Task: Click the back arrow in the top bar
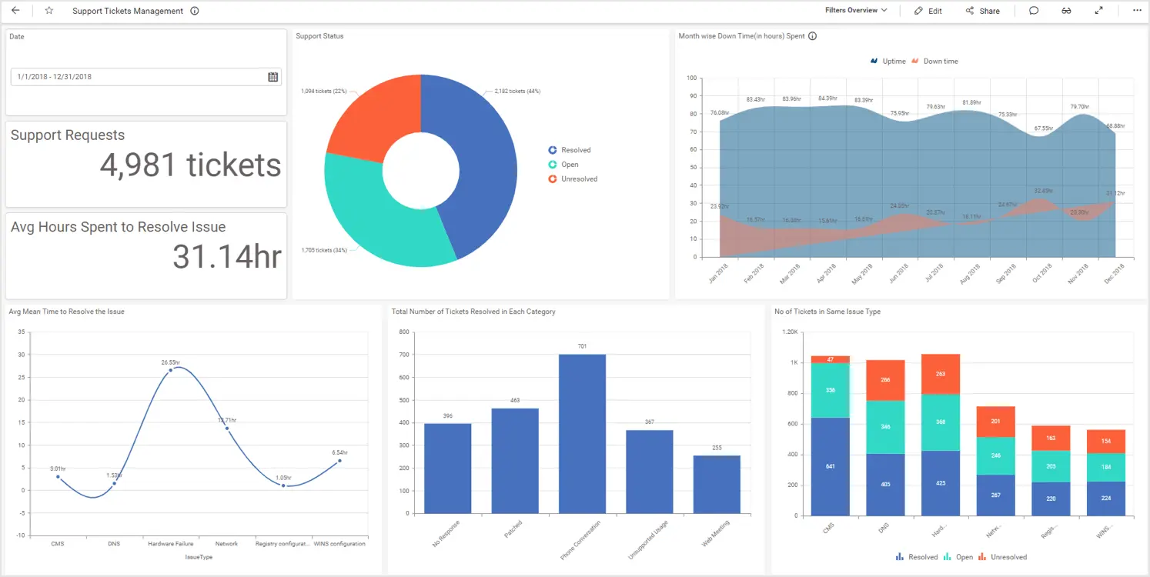(x=15, y=11)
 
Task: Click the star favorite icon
(x=49, y=11)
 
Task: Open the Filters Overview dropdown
(x=856, y=11)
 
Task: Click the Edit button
(x=928, y=11)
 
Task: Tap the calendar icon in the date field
(x=272, y=77)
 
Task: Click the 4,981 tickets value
(x=190, y=165)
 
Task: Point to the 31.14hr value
(x=226, y=257)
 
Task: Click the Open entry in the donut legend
(x=569, y=165)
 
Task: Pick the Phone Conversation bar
(x=582, y=434)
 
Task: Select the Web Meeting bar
(x=717, y=484)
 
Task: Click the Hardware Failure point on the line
(x=171, y=370)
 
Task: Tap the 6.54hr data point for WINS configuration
(x=339, y=461)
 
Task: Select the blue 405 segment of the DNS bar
(x=885, y=484)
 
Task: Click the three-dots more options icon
(x=1137, y=11)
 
